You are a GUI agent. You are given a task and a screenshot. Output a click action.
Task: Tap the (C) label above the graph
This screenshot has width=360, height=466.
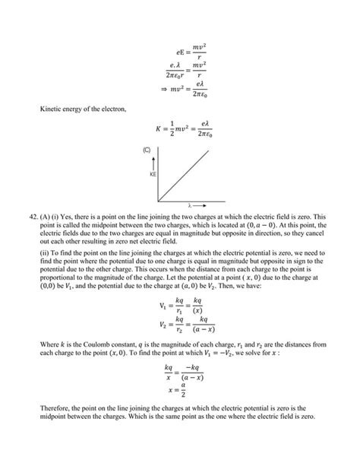pyautogui.click(x=147, y=150)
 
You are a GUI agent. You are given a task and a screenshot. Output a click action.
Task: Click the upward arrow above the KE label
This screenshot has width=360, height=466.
pyautogui.click(x=151, y=163)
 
